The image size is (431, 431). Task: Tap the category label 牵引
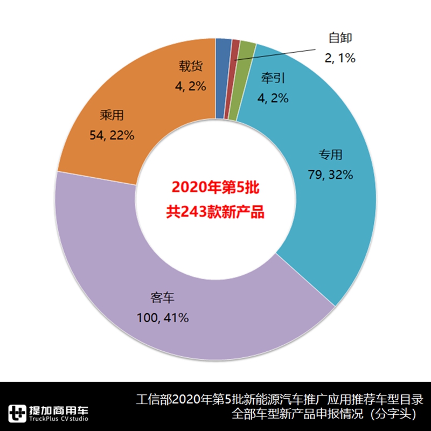click(273, 78)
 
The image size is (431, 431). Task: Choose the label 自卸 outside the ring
click(340, 38)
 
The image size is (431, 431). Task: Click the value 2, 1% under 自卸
click(340, 58)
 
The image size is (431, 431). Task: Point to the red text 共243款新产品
click(215, 211)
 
